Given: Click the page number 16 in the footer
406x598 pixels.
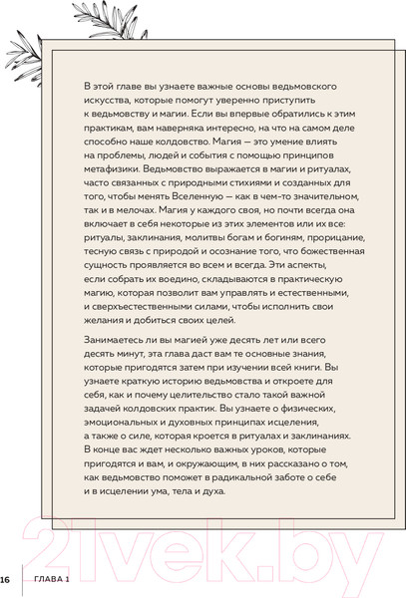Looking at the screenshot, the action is [x=5, y=579].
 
